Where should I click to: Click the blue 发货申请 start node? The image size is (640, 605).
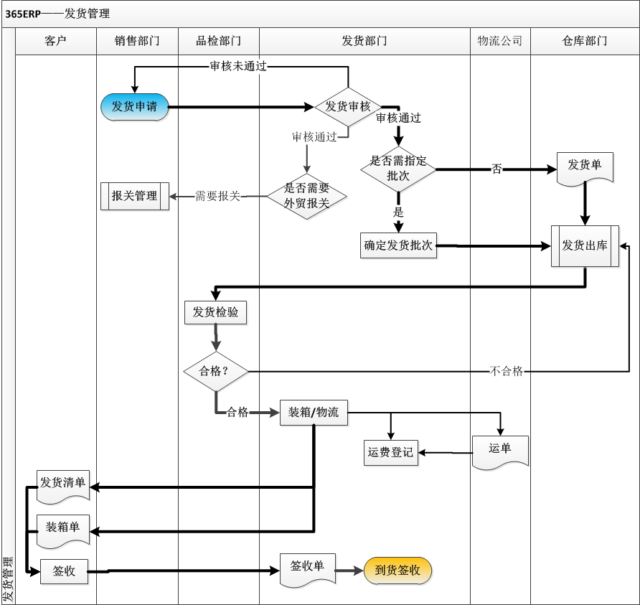(x=134, y=107)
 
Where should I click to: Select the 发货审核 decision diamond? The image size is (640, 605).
(x=348, y=107)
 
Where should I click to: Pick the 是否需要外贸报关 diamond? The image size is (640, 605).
(x=307, y=195)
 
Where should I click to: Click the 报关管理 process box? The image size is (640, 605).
(x=134, y=196)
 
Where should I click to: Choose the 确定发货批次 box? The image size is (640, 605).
(x=398, y=245)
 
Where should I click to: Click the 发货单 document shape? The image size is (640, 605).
(x=585, y=167)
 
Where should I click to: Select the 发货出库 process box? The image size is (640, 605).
(x=585, y=245)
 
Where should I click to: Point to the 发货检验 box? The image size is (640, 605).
(x=216, y=312)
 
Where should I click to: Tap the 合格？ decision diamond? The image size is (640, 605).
(x=216, y=371)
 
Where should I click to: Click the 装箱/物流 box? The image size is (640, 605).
(x=314, y=413)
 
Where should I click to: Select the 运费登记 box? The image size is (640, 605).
(x=390, y=452)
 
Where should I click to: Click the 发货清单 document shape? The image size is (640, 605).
(x=63, y=484)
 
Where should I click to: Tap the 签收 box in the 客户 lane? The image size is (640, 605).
(x=63, y=572)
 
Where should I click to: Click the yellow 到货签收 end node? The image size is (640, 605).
(x=398, y=571)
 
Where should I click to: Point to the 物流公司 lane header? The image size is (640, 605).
(x=500, y=41)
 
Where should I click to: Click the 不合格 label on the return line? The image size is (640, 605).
(x=507, y=371)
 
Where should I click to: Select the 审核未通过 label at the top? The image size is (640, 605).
(x=237, y=67)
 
